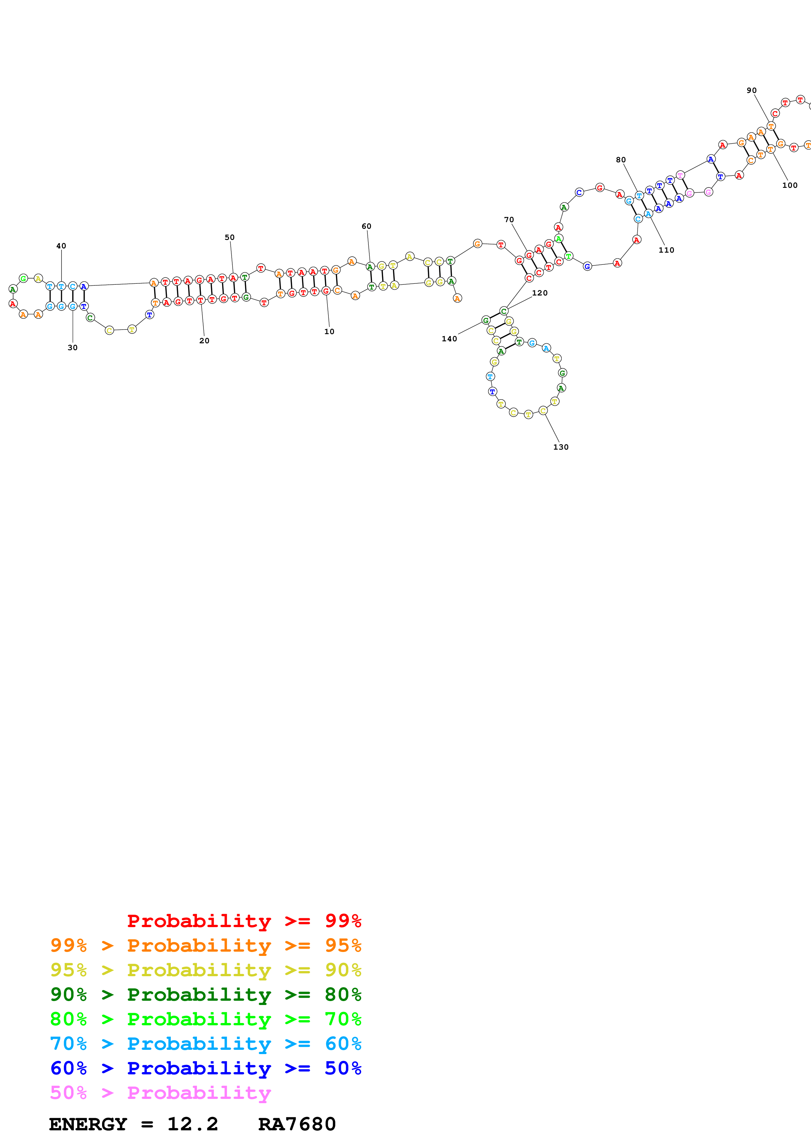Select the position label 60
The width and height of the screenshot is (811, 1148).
pyautogui.click(x=366, y=226)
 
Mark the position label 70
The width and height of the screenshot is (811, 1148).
pyautogui.click(x=509, y=220)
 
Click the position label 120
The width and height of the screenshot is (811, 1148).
pyautogui.click(x=540, y=293)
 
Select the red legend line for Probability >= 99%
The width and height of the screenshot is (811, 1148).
pyautogui.click(x=244, y=921)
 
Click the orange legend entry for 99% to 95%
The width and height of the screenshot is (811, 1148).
pyautogui.click(x=205, y=945)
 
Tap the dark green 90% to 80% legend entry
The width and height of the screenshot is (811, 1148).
pyautogui.click(x=205, y=994)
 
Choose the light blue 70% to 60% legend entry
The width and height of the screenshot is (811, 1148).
pyautogui.click(x=205, y=1043)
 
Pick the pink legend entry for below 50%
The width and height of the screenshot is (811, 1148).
pyautogui.click(x=160, y=1092)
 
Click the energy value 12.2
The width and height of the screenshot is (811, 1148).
pyautogui.click(x=192, y=1124)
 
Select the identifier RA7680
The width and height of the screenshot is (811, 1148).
pyautogui.click(x=297, y=1124)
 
